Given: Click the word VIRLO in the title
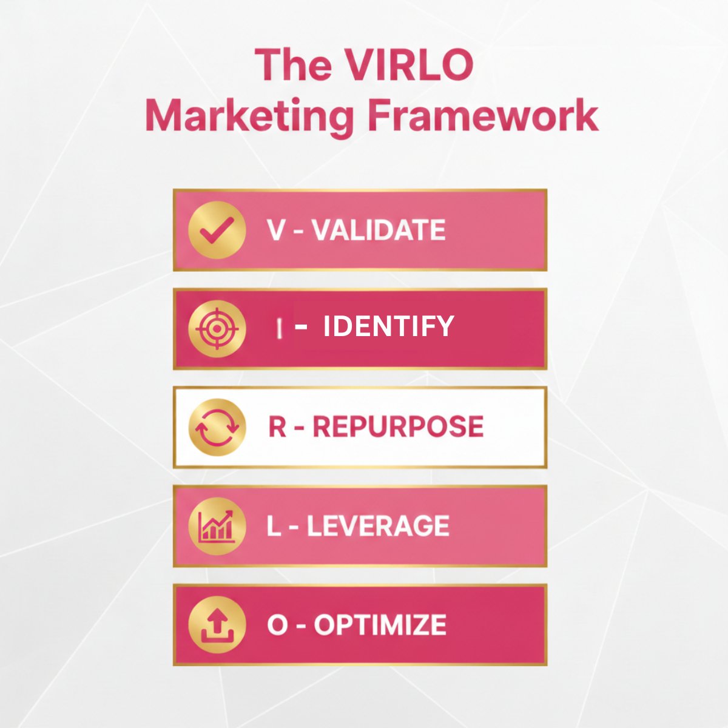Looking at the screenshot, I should pyautogui.click(x=413, y=65).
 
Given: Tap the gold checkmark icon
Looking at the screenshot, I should pyautogui.click(x=217, y=231).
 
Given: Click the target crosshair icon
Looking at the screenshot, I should pyautogui.click(x=217, y=329).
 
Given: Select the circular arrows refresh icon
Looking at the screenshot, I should pyautogui.click(x=217, y=427).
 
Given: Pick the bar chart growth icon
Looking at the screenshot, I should pyautogui.click(x=217, y=525).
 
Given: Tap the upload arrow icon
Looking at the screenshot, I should pyautogui.click(x=217, y=624).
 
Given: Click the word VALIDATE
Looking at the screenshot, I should pyautogui.click(x=379, y=231).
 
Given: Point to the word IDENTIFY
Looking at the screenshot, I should pyautogui.click(x=388, y=327).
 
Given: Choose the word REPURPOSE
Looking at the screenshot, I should pyautogui.click(x=398, y=426).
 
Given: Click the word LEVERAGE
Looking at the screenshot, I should pyautogui.click(x=378, y=525).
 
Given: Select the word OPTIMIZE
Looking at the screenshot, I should pyautogui.click(x=380, y=625).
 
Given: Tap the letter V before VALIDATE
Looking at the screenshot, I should pyautogui.click(x=275, y=231).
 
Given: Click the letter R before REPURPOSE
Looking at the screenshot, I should pyautogui.click(x=277, y=426).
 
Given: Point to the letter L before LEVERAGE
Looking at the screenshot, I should pyautogui.click(x=274, y=525).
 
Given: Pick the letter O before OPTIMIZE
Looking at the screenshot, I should pyautogui.click(x=277, y=625).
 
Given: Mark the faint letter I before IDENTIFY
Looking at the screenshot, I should pyautogui.click(x=279, y=328).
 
